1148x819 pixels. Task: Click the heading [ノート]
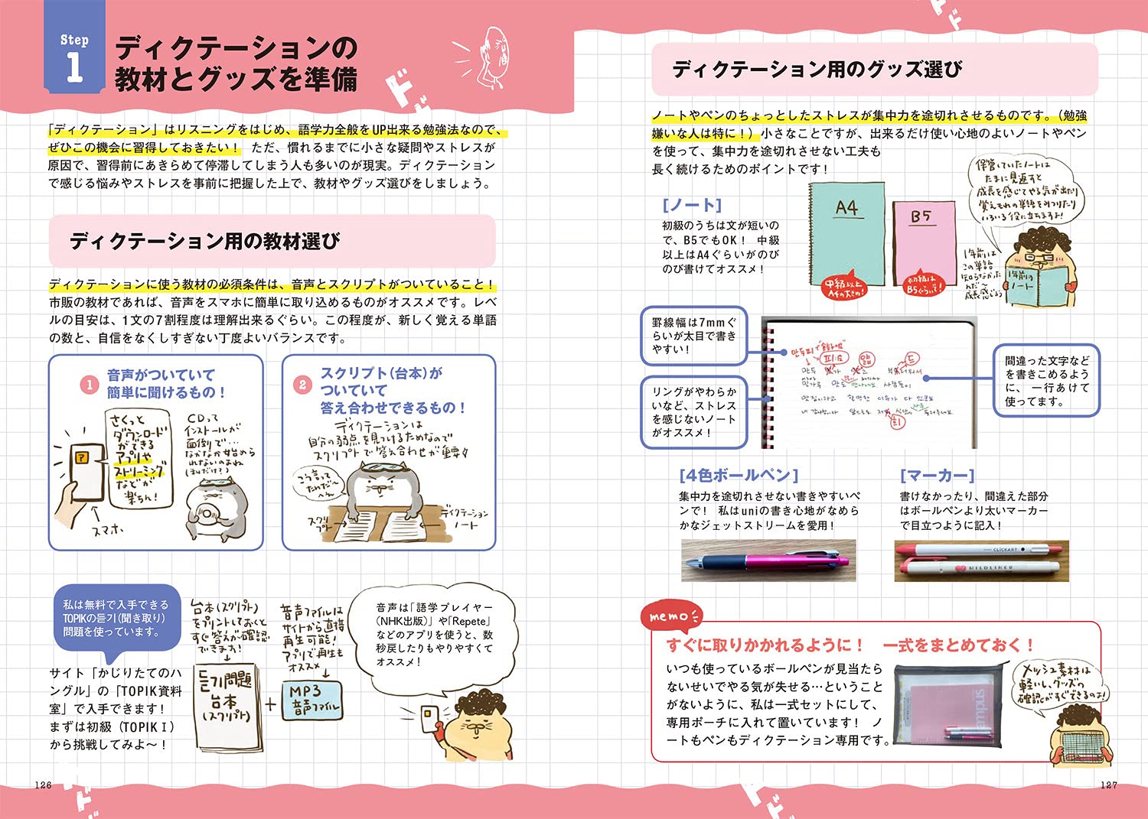pos(692,205)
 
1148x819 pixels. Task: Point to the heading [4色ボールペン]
pos(739,476)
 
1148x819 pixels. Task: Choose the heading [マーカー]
pos(937,476)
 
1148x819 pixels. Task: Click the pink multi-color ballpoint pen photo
pos(768,561)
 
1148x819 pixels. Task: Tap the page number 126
pos(44,785)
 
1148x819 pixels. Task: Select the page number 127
pos(1108,785)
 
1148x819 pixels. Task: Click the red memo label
pos(671,616)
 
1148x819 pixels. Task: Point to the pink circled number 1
pos(90,385)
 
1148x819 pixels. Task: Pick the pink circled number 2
pos(302,385)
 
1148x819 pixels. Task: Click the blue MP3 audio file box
pos(314,699)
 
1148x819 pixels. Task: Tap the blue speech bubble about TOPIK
pos(116,619)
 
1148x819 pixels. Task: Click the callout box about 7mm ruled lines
pos(693,336)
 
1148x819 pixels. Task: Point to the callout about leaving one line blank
pos(1046,380)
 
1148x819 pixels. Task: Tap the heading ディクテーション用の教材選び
pos(205,242)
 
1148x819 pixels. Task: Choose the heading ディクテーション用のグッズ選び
pos(817,70)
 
